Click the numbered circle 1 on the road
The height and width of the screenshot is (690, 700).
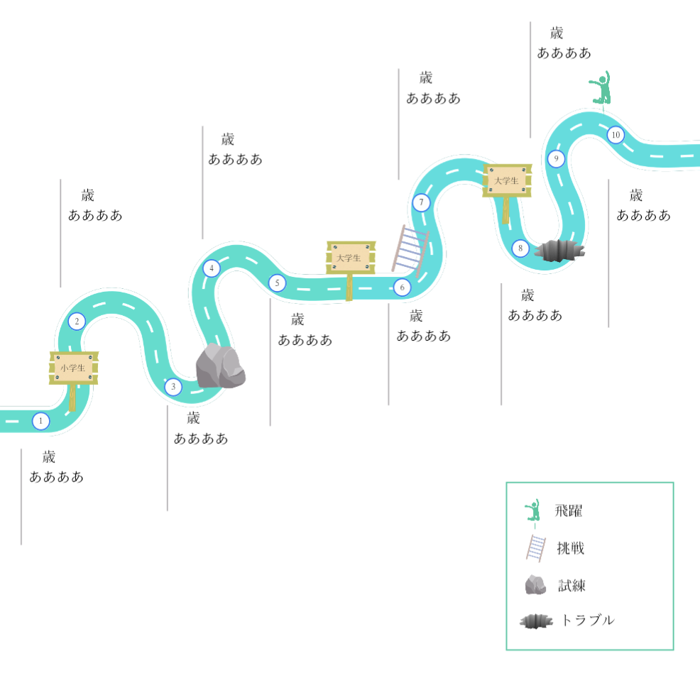(x=40, y=421)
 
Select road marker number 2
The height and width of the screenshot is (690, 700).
(x=77, y=321)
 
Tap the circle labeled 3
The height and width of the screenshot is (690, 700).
(x=173, y=386)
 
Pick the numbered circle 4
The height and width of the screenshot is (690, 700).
(x=212, y=268)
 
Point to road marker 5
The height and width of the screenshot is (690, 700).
(x=278, y=283)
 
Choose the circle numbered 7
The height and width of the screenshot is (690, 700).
(x=421, y=202)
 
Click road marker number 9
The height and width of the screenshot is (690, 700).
(x=557, y=158)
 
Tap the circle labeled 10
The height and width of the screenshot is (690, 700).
(x=616, y=135)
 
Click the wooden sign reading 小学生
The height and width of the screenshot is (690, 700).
(x=74, y=368)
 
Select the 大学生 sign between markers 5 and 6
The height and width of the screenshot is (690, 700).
(x=351, y=258)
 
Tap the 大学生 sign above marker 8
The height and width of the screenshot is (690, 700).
(x=507, y=180)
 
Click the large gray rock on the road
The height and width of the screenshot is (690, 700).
(x=221, y=366)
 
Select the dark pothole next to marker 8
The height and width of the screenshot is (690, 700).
(x=560, y=251)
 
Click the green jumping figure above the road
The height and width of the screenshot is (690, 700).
(x=601, y=87)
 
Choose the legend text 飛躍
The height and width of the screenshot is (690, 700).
(x=568, y=510)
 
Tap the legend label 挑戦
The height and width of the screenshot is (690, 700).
(x=571, y=547)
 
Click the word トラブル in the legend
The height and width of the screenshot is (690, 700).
(x=588, y=620)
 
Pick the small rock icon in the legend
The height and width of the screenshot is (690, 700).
(x=535, y=584)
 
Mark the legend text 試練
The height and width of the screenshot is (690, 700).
(x=572, y=585)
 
